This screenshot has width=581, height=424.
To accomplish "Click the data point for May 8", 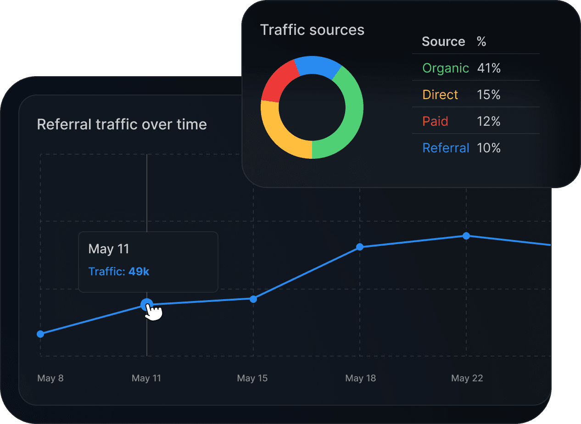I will pyautogui.click(x=40, y=334).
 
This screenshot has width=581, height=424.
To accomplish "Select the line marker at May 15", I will pyautogui.click(x=253, y=299).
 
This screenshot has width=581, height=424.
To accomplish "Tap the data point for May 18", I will pyautogui.click(x=360, y=247).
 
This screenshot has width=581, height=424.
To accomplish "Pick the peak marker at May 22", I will pyautogui.click(x=466, y=236).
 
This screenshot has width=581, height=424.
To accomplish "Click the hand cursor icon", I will pyautogui.click(x=155, y=312).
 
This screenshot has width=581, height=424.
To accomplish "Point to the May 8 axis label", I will pyautogui.click(x=50, y=378).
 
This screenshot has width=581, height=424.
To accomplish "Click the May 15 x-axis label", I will pyautogui.click(x=252, y=378).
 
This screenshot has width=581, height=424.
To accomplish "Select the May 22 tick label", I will pyautogui.click(x=467, y=378).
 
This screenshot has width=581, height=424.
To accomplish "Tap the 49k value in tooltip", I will pyautogui.click(x=139, y=272).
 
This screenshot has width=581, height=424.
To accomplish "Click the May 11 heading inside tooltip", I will pyautogui.click(x=109, y=249).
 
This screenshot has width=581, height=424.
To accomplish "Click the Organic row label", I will pyautogui.click(x=445, y=68).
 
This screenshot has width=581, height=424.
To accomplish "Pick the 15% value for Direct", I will pyautogui.click(x=488, y=95).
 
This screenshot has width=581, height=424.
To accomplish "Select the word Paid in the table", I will pyautogui.click(x=435, y=122).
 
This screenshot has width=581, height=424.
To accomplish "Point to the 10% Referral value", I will pyautogui.click(x=488, y=148).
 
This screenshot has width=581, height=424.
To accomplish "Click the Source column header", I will pyautogui.click(x=443, y=42).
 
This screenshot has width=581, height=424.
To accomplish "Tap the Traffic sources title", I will pyautogui.click(x=312, y=30).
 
